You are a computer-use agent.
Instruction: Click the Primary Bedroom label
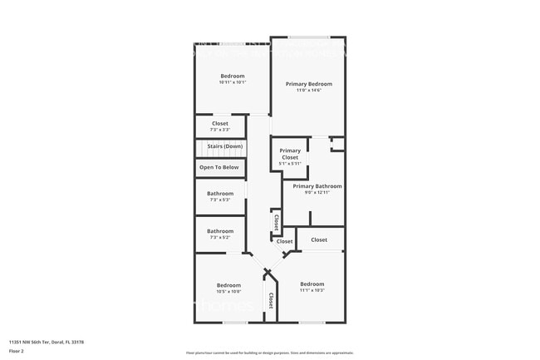coord(308,84)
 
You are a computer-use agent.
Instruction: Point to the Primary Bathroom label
coord(317,186)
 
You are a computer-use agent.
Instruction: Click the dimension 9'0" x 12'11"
coord(317,192)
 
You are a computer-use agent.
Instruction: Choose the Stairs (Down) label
coord(225,146)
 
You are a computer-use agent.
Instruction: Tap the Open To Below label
coord(219,167)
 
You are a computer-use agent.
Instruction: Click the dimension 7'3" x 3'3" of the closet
coord(219,130)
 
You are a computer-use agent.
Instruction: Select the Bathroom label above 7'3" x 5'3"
coord(220,194)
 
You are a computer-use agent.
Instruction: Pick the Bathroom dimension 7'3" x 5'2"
coord(220,237)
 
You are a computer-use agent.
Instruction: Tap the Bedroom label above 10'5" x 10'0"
coord(228,285)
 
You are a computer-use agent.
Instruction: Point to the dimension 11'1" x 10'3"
coord(312,290)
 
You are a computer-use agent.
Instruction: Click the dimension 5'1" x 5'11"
coord(289,164)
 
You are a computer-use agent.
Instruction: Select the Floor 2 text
coord(16,352)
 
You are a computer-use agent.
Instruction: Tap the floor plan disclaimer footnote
coord(270,353)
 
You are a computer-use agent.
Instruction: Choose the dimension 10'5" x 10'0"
coord(228,291)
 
